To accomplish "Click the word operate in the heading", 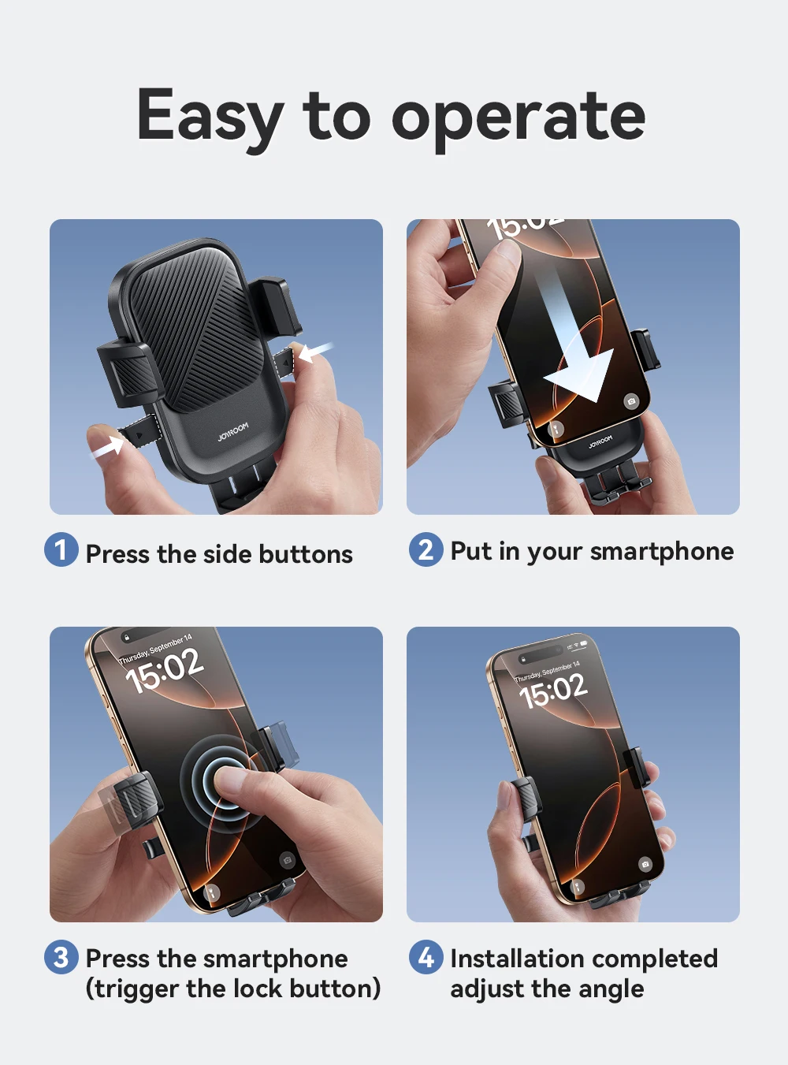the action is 519,121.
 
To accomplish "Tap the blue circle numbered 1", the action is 61,549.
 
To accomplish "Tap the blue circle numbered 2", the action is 426,549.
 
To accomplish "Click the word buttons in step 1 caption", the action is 306,554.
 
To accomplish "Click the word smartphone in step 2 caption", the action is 662,552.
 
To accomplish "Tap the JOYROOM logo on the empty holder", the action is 233,432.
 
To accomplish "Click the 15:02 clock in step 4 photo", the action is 553,691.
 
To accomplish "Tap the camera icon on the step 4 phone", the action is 645,864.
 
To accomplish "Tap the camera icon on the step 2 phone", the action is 631,401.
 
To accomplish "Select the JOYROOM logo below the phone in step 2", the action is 600,442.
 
